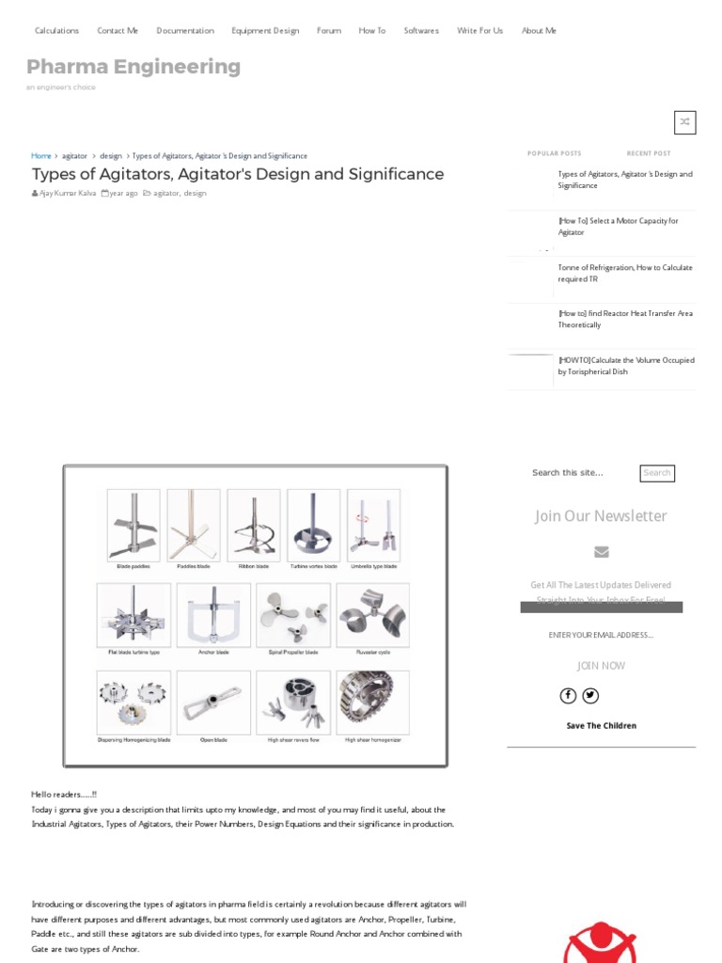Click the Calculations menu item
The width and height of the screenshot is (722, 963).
[56, 30]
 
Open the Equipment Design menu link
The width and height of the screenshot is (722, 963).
[265, 30]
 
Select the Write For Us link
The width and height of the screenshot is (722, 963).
[479, 30]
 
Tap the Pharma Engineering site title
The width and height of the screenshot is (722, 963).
[133, 67]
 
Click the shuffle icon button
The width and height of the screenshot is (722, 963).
[684, 122]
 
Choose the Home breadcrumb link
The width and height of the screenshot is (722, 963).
[41, 155]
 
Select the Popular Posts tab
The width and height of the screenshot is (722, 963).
[554, 153]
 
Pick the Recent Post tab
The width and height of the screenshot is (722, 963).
[649, 153]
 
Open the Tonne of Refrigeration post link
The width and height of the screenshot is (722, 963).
[624, 273]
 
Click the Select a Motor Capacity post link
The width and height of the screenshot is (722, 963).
[618, 226]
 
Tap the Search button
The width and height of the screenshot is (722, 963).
[657, 473]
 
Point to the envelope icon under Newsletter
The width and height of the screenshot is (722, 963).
[602, 552]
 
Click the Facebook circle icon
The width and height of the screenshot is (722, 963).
[568, 696]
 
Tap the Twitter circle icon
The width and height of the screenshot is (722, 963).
[590, 696]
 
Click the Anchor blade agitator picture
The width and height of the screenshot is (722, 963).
[213, 615]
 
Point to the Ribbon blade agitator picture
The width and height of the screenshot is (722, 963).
[253, 525]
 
